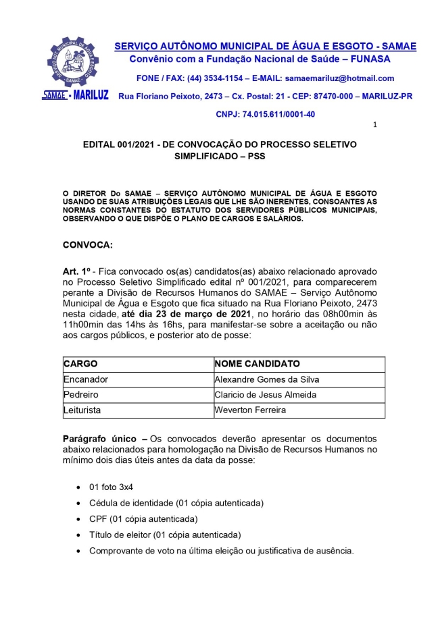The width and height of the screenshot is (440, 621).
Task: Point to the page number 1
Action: coord(375,125)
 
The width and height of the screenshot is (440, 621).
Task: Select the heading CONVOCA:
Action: coord(88,244)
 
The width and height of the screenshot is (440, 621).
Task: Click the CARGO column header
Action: coord(80,364)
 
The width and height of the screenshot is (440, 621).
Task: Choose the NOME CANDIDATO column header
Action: coord(257,364)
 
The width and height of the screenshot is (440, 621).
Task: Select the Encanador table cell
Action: coord(85,379)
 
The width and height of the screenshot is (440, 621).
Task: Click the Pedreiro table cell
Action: coord(81,395)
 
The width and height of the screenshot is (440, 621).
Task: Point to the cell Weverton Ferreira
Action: coord(249,410)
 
